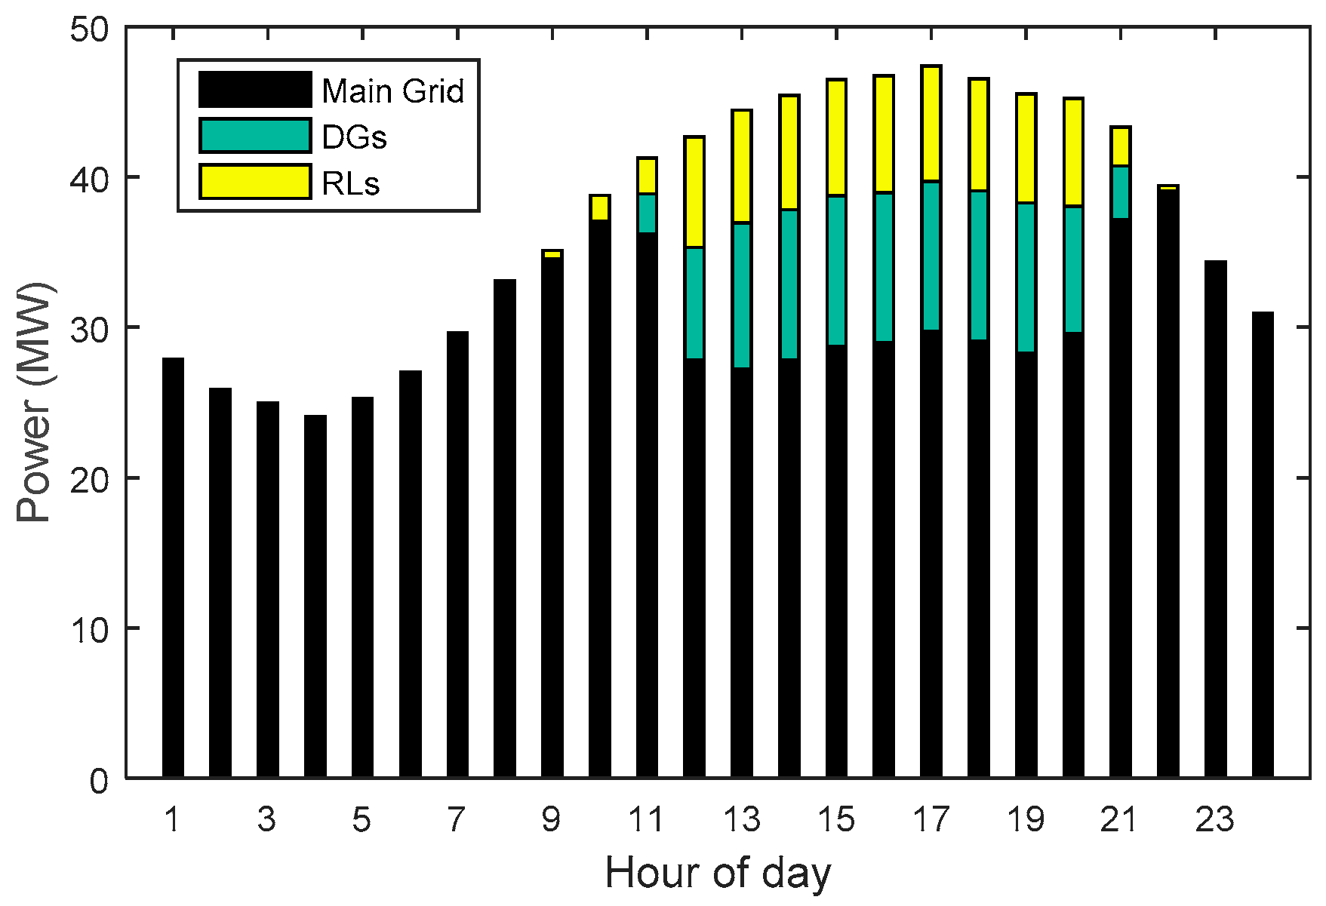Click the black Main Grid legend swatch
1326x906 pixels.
[255, 90]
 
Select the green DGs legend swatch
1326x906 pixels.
[255, 136]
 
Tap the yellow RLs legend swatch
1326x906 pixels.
[255, 182]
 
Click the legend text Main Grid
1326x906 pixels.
[392, 91]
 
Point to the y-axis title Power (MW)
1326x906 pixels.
[34, 403]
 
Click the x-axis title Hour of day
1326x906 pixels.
[717, 874]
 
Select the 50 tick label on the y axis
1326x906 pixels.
[89, 30]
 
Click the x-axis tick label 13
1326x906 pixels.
[741, 819]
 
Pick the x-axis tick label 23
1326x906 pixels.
[1214, 819]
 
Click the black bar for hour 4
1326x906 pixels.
[315, 596]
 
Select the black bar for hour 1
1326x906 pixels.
[173, 566]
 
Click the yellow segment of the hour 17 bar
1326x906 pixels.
[931, 124]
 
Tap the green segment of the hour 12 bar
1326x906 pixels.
[694, 303]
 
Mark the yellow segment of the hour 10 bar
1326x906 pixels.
[599, 207]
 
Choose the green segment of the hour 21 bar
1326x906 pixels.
[1120, 192]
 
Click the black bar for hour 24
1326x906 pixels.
[1262, 543]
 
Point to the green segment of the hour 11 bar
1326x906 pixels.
[647, 213]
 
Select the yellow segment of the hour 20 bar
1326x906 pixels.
[1073, 152]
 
